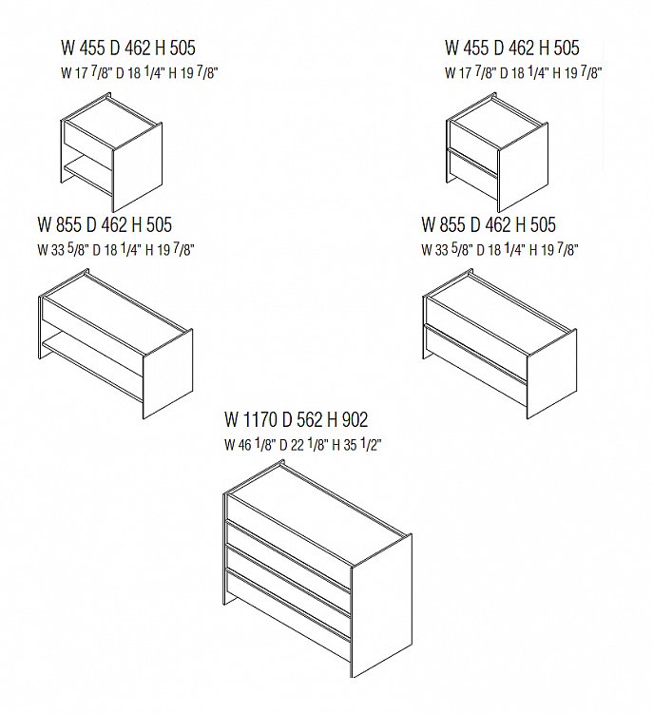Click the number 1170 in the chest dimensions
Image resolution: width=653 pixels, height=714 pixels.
[259, 419]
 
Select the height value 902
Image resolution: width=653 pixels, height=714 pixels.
[354, 419]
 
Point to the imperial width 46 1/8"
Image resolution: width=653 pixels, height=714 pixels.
[249, 444]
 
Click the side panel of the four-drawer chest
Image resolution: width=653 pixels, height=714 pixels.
[381, 606]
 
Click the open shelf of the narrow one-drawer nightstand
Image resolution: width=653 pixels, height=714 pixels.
[87, 175]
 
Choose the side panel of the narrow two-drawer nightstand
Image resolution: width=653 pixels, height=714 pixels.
[523, 167]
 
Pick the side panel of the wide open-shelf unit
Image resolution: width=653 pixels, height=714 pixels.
[167, 374]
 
